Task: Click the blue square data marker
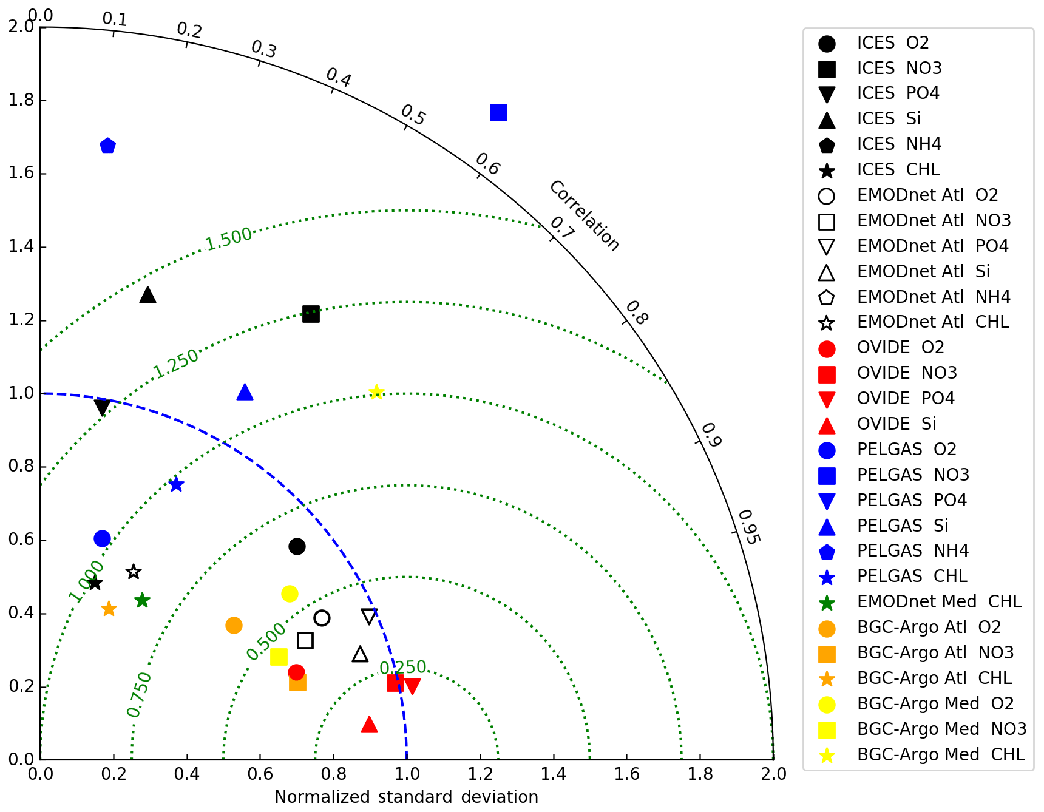tap(498, 113)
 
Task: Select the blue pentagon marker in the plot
tap(107, 146)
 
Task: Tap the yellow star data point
tap(376, 392)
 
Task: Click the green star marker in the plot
tap(142, 600)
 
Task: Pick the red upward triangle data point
tap(369, 725)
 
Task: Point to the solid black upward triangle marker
tap(147, 296)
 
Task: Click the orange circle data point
tap(234, 625)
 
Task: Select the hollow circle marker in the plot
tap(322, 618)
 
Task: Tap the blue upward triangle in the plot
tap(245, 393)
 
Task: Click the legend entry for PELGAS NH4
tap(912, 550)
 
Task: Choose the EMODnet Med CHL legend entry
tap(939, 601)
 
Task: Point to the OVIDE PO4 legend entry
tap(905, 398)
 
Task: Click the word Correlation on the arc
tap(584, 216)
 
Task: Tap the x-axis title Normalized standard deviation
tap(406, 797)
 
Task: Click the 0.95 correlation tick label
tap(748, 527)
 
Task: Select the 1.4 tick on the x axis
tap(554, 774)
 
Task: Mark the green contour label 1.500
tap(228, 239)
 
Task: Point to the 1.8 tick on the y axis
tap(21, 100)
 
